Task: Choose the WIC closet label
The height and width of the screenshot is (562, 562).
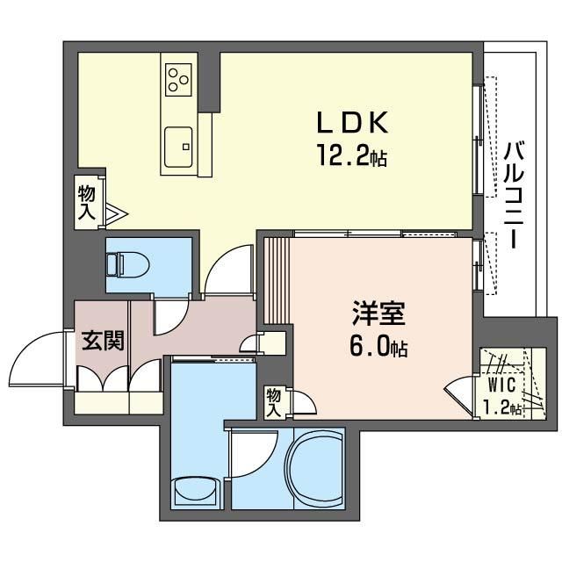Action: coord(502,384)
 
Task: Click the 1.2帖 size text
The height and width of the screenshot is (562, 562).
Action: coord(503,407)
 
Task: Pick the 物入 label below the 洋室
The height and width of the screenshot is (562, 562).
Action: coord(273,401)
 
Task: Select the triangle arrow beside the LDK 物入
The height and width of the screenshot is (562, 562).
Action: coord(118,213)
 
